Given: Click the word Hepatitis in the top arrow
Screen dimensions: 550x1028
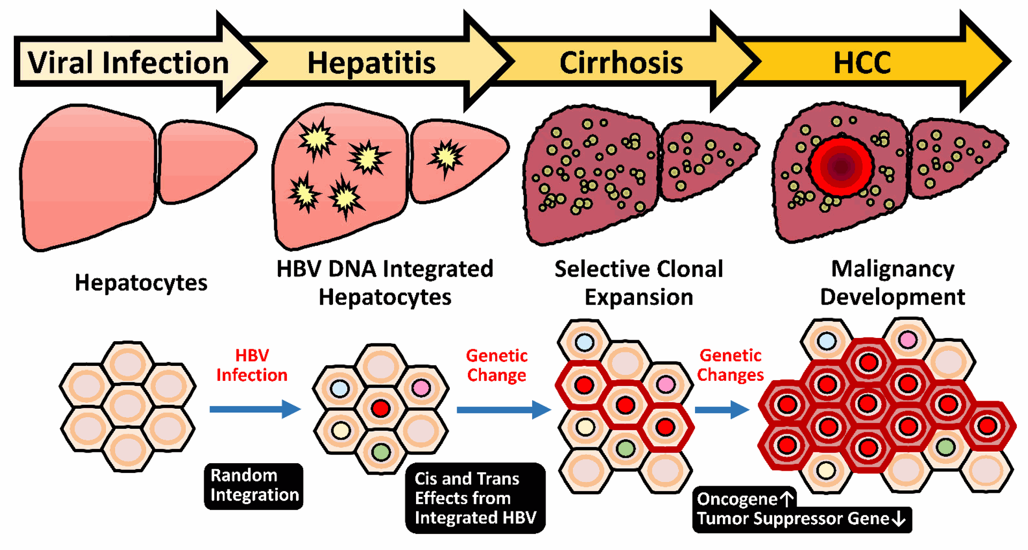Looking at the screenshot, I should point(371,63).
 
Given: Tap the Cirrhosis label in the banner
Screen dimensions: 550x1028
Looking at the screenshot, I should point(621,63).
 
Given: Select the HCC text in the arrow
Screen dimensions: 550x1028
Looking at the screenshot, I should point(862,63).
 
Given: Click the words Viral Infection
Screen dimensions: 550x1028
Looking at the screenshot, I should point(128,63).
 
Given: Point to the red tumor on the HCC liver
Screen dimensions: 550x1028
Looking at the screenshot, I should point(841,166).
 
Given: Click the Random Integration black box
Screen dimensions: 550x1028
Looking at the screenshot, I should point(254,486).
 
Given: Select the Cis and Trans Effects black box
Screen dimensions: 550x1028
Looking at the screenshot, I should point(475,498).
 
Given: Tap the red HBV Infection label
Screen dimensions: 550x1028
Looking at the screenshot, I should point(252,365).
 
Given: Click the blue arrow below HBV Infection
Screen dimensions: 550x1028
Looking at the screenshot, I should point(255,409).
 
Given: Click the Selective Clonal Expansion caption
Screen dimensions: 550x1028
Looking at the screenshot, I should point(639,283).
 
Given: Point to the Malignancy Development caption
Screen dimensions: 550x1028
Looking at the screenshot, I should point(893,283).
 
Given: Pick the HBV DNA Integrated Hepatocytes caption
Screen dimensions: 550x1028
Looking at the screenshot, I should point(384,283).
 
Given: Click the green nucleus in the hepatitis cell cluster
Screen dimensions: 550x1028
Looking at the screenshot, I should point(381,452).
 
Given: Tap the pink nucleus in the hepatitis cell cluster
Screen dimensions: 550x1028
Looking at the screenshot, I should point(421,388).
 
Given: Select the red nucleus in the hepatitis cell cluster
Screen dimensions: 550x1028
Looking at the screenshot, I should point(381,409).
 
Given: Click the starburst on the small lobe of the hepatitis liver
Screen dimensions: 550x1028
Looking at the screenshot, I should point(446,156).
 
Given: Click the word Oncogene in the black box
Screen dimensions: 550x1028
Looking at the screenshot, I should point(737,499).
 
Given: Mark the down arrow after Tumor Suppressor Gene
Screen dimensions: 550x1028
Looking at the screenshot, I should point(899,518).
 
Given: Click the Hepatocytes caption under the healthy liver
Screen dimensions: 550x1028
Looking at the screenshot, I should point(141,283).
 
